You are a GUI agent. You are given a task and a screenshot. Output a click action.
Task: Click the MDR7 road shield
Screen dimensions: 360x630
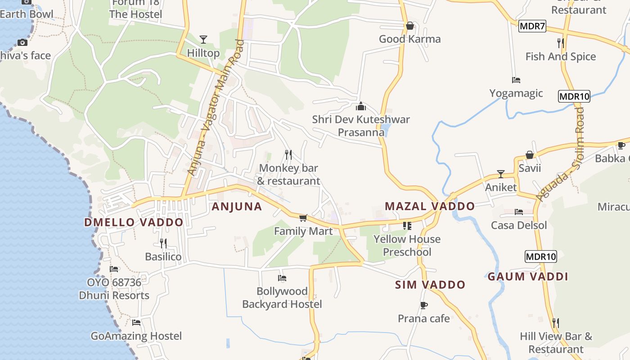point(532,26)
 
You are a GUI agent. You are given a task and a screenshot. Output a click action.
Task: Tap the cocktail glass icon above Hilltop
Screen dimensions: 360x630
point(203,40)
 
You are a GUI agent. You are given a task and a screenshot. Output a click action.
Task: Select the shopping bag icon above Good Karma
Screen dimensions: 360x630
point(409,26)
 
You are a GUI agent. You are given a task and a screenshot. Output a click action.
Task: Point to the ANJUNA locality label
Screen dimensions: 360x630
point(237,207)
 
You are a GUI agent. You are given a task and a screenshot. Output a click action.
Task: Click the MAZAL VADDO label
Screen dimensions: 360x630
point(430,207)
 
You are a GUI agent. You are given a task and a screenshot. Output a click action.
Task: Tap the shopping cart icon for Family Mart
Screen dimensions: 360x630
point(303,218)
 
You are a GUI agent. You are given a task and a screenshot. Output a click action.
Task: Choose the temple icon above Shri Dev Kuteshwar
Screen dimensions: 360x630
point(361,107)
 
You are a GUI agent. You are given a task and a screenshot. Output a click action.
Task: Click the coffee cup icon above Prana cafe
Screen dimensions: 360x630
point(423,306)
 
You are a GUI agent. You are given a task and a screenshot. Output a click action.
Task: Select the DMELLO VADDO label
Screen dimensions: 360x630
point(134,222)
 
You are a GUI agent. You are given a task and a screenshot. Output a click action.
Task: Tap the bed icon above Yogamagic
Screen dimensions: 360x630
point(516,80)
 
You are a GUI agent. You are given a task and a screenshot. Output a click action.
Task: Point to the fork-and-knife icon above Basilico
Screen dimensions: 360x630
point(163,243)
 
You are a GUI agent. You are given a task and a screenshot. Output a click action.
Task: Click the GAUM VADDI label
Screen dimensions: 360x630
point(528,277)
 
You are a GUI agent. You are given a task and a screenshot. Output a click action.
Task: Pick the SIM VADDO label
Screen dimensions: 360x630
point(430,285)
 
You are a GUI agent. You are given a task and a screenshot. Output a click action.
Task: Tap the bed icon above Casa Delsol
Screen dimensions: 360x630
point(519,212)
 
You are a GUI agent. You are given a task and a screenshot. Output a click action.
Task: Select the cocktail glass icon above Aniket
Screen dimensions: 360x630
point(501,174)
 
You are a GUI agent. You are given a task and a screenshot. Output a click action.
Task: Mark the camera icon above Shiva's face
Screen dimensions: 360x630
point(22,43)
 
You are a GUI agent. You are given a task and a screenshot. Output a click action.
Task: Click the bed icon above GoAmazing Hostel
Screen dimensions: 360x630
point(136,323)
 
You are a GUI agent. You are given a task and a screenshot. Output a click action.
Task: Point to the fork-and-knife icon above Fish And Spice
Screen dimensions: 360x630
point(560,43)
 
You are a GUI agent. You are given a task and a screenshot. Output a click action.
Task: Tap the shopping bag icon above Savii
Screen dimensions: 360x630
point(530,155)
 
